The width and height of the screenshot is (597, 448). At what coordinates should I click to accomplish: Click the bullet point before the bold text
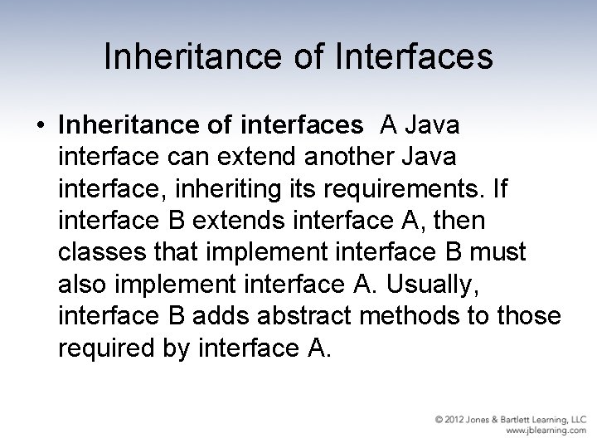pyautogui.click(x=41, y=126)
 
